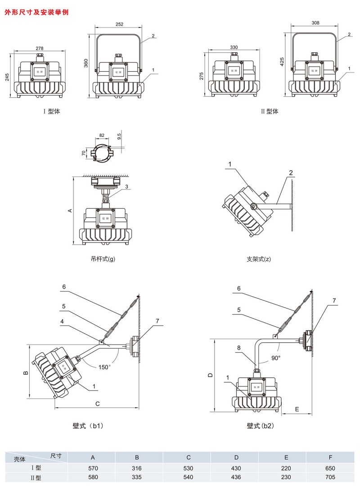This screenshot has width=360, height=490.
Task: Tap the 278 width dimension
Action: click(40, 48)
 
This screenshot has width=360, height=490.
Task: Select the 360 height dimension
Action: click(86, 64)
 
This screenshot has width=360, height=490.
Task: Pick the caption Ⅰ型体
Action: click(51, 111)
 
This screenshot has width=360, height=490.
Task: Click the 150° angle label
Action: click(104, 367)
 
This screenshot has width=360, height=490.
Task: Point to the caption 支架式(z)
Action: click(259, 259)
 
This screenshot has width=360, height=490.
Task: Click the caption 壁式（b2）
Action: click(260, 425)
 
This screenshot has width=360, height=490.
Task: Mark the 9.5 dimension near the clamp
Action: click(119, 136)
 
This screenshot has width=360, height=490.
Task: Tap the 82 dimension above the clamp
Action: click(101, 135)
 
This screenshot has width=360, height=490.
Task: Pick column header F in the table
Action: click(331, 458)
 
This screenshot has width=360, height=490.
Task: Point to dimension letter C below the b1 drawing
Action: click(97, 404)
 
